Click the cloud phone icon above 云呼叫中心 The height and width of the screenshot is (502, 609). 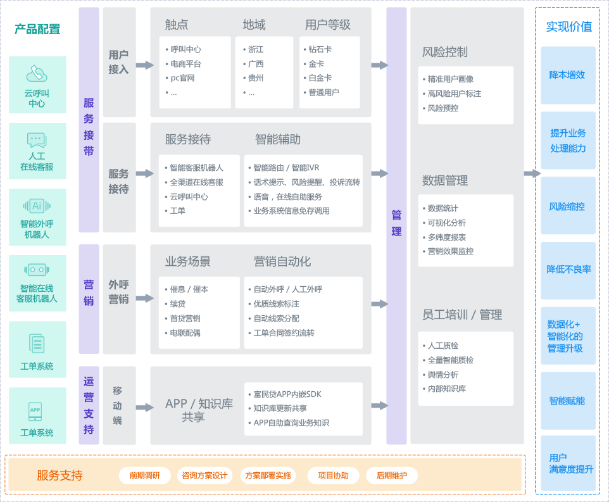point(37,74)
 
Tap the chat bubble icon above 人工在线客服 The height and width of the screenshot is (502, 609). point(37,140)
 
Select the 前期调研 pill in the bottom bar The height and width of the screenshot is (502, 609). point(144,476)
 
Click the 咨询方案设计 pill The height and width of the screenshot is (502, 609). point(204,476)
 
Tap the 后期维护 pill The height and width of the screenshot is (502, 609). point(391,476)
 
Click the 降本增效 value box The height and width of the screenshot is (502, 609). point(567,75)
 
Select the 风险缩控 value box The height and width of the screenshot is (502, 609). point(567,206)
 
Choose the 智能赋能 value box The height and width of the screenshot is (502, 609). point(567,401)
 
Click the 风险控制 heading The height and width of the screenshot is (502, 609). point(445,52)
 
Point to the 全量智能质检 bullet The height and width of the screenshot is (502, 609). point(450,360)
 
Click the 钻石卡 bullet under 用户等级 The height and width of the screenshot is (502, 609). point(320,49)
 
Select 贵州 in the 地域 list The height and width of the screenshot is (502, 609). point(256,78)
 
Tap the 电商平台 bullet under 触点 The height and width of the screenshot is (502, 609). point(185,64)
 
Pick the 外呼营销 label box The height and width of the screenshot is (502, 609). point(118,292)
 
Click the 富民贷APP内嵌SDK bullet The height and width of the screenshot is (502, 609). point(287,394)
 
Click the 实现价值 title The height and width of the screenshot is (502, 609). point(568,27)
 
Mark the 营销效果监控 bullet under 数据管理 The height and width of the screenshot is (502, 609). point(450,251)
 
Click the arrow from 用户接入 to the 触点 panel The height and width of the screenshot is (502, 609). point(144,65)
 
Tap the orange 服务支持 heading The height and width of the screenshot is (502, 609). point(60,476)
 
